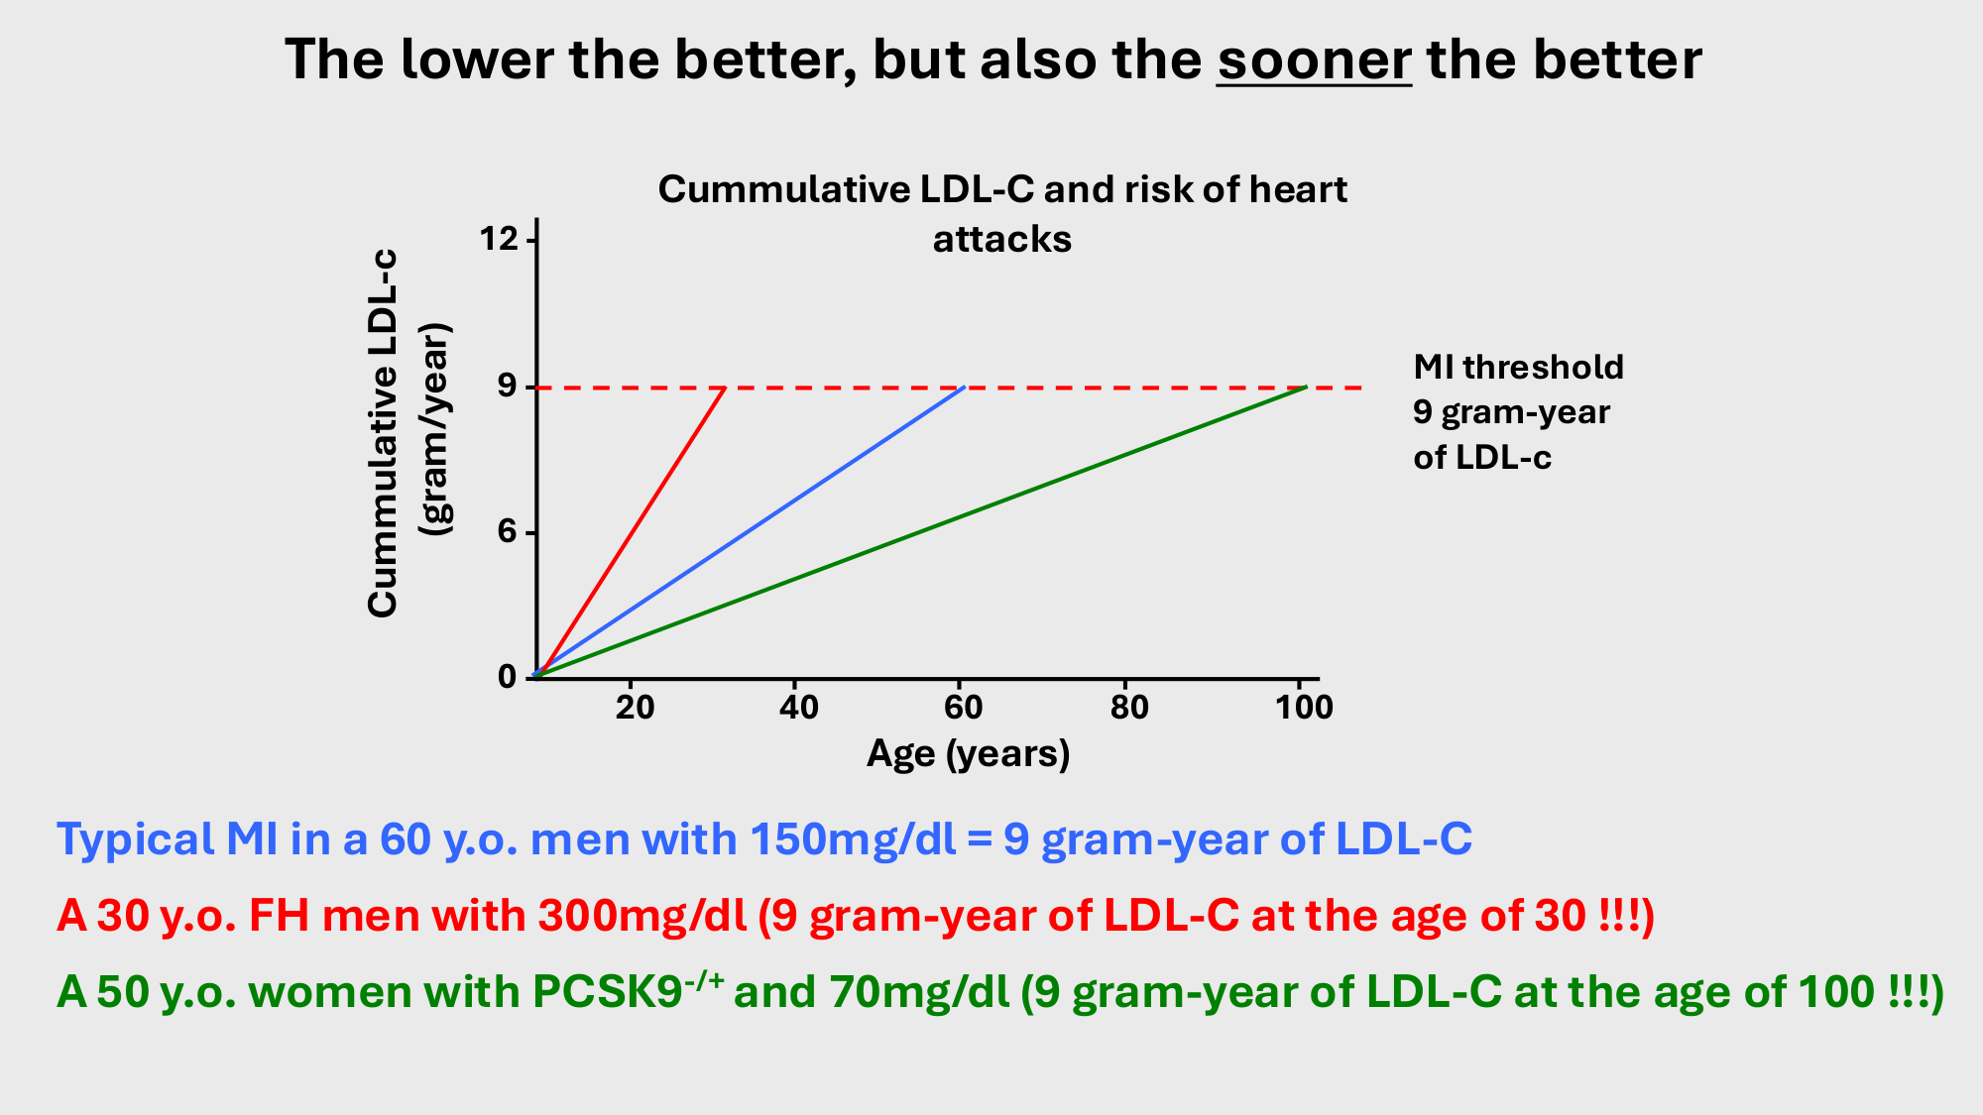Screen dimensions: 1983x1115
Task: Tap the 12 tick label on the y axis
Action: (x=499, y=239)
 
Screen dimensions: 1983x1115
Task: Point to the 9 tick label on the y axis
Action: (x=508, y=386)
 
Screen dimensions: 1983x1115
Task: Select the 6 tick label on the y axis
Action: (x=508, y=532)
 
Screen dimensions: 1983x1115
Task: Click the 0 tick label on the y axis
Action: (x=508, y=677)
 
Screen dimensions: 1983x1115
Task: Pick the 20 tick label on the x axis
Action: (x=635, y=707)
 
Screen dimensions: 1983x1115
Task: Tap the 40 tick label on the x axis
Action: (x=799, y=707)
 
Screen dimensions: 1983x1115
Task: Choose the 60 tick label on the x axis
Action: (x=963, y=707)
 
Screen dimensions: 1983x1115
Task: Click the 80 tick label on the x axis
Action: (x=1128, y=707)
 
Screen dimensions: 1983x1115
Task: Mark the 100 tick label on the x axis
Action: (x=1304, y=707)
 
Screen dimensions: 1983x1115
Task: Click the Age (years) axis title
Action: (x=969, y=754)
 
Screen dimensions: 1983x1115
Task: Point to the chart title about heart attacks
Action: (x=1002, y=214)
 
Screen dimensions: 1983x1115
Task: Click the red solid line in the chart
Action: (x=631, y=532)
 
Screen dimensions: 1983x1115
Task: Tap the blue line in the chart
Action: (x=750, y=532)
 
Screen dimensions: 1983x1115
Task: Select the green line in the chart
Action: (x=921, y=531)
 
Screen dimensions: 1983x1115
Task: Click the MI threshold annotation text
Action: (x=1518, y=411)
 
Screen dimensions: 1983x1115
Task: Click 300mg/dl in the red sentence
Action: (x=642, y=917)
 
